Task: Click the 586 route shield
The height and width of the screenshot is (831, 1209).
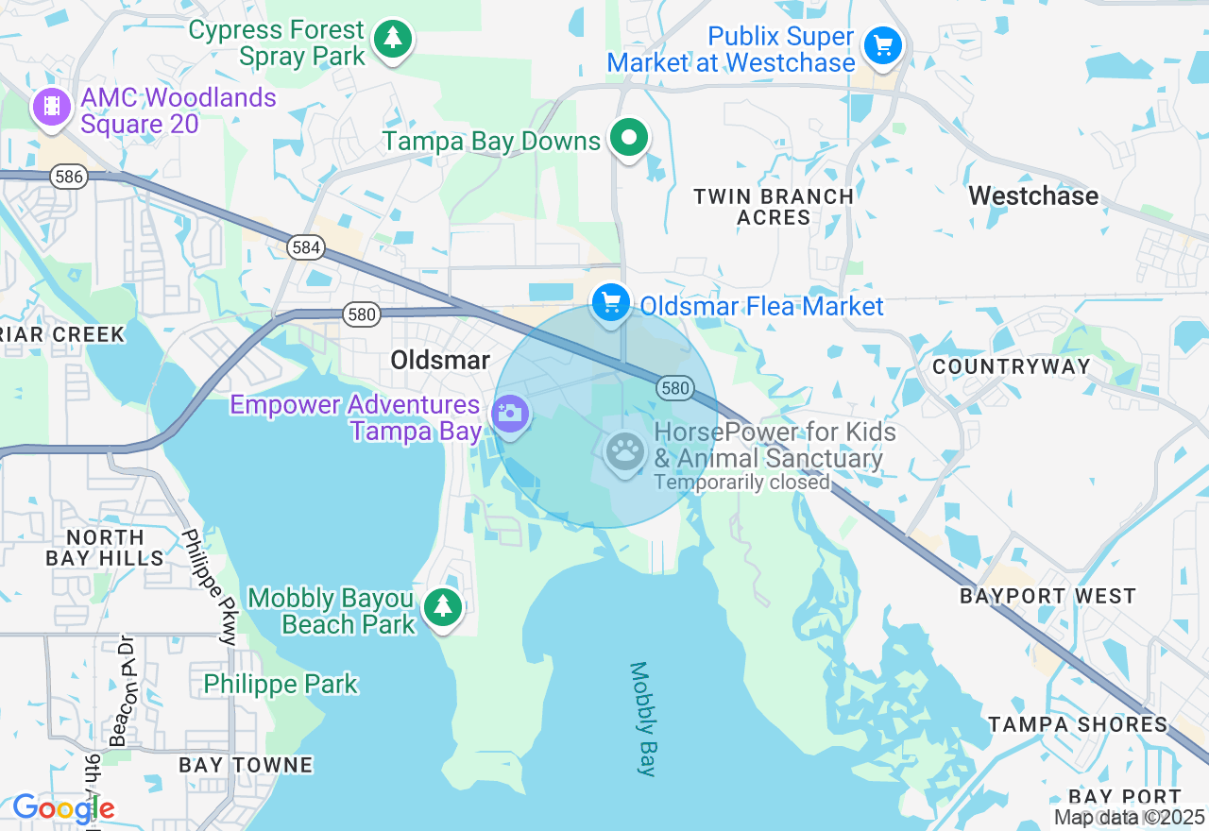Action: click(69, 177)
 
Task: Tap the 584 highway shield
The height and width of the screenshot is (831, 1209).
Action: click(306, 248)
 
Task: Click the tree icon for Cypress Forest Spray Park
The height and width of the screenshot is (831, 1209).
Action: click(393, 39)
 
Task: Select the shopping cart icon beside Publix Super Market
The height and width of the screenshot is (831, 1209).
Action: click(883, 44)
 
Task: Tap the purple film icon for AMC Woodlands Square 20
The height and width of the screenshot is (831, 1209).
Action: click(52, 107)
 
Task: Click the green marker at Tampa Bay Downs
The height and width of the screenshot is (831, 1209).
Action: click(628, 138)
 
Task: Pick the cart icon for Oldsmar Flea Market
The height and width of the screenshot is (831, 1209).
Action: click(611, 303)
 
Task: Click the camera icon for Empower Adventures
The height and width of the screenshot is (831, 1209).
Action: click(510, 414)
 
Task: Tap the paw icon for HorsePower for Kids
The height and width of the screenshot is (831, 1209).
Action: click(624, 451)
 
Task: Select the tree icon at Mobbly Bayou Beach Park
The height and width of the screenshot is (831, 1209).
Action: click(442, 606)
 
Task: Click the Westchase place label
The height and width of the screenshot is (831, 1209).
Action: click(1033, 196)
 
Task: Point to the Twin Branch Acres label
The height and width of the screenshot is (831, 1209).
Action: click(774, 207)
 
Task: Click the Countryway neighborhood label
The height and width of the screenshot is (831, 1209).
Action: click(1011, 366)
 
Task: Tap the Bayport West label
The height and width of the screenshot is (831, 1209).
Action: click(1047, 597)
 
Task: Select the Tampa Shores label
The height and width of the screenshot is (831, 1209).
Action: click(1078, 724)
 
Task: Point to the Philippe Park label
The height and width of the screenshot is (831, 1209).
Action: click(281, 684)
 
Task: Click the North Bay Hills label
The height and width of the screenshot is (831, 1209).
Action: click(105, 548)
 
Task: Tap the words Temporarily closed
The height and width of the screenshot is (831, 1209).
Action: click(742, 483)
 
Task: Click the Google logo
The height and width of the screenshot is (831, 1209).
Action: click(63, 808)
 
